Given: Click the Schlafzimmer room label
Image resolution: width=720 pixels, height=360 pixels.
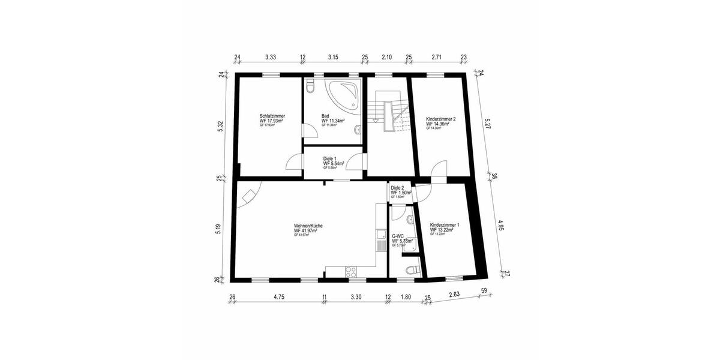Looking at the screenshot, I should pyautogui.click(x=272, y=116).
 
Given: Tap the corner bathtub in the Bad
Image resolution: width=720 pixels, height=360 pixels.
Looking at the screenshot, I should pyautogui.click(x=344, y=93).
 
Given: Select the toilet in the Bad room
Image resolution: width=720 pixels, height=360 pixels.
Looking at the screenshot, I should pyautogui.click(x=310, y=88).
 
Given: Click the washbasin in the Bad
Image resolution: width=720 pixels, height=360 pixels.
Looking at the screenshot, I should pyautogui.click(x=358, y=129).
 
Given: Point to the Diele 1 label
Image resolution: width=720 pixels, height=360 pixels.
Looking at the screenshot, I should pyautogui.click(x=331, y=158).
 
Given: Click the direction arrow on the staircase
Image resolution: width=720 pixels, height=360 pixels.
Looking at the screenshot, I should pyautogui.click(x=376, y=119).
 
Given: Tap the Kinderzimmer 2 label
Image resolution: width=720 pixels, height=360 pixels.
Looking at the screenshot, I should pyautogui.click(x=441, y=119).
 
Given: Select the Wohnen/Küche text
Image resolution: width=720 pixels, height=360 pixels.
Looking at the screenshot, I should pyautogui.click(x=308, y=226).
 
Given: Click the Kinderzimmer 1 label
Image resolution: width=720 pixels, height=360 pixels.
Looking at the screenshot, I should pyautogui.click(x=445, y=224).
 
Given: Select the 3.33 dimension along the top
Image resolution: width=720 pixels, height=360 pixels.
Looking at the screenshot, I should pyautogui.click(x=270, y=57).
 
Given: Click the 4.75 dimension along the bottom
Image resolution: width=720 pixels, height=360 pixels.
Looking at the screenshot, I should pyautogui.click(x=279, y=296).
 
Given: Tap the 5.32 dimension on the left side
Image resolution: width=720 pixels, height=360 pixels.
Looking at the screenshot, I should pyautogui.click(x=221, y=126).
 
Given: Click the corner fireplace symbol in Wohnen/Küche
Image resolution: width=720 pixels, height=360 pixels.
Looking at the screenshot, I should pyautogui.click(x=247, y=196).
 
